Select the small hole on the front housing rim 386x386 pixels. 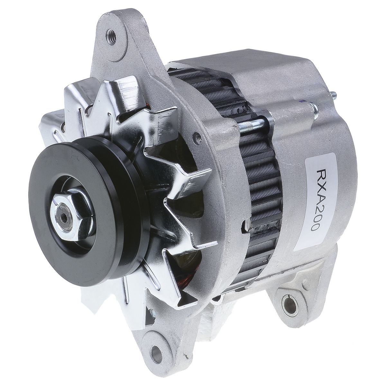(197, 139)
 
